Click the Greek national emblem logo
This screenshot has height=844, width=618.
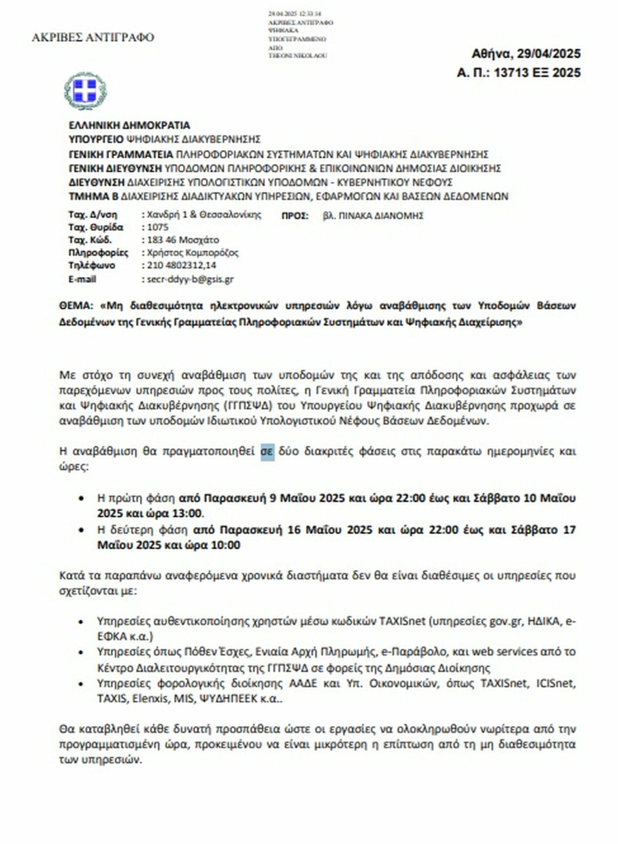(x=86, y=91)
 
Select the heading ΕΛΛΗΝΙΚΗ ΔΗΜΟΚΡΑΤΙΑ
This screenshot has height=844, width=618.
(x=129, y=125)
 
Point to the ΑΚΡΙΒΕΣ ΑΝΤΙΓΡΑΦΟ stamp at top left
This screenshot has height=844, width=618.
(x=93, y=38)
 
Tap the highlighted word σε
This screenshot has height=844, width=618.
(x=267, y=451)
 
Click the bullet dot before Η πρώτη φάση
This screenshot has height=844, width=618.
(x=81, y=498)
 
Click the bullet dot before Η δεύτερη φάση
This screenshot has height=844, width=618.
(x=81, y=530)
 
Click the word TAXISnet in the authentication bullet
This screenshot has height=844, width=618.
(x=402, y=621)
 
